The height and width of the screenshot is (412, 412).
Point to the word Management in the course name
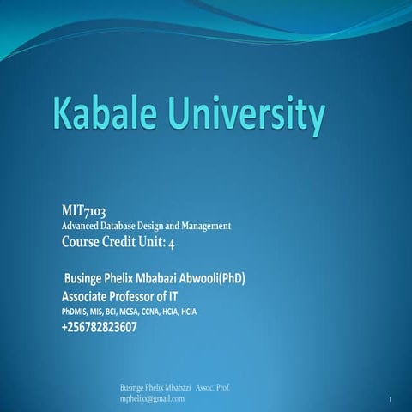pos(202,226)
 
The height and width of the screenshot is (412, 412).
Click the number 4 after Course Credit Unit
pos(169,241)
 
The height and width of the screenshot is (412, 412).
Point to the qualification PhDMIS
pos(75,311)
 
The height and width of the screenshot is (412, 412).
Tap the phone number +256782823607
pos(100,327)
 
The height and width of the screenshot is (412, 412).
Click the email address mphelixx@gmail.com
pos(153,399)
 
